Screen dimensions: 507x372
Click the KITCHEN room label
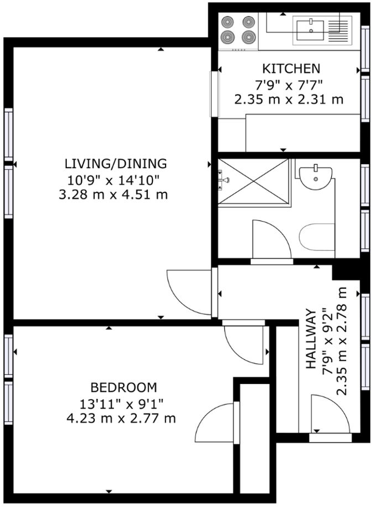tap(290, 69)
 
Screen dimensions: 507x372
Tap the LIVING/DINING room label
tap(115, 164)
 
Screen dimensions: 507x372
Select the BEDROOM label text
tap(124, 387)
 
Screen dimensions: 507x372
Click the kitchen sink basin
tap(310, 29)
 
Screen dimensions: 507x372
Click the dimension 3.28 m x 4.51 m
tap(113, 195)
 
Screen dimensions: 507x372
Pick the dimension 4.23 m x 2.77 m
tap(121, 418)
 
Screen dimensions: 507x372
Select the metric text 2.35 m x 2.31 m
tap(289, 100)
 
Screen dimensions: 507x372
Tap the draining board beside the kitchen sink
tap(339, 29)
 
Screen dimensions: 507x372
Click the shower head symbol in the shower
tap(224, 180)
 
